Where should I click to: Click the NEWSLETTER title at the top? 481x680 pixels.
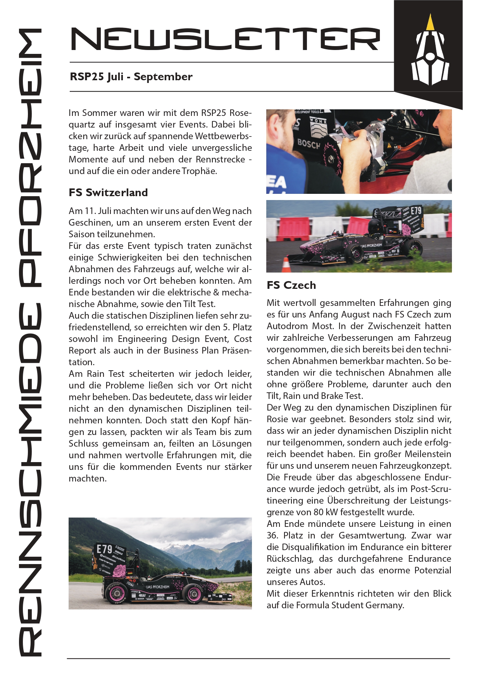click(x=225, y=39)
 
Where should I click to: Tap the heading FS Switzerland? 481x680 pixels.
click(x=108, y=193)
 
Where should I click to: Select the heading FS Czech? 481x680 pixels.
click(x=291, y=285)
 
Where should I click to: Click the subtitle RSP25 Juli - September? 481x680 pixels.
click(x=131, y=77)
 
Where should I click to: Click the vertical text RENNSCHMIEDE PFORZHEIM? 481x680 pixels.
click(x=30, y=341)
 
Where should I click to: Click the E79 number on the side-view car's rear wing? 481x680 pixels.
click(x=104, y=549)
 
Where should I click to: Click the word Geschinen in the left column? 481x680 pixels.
click(x=88, y=223)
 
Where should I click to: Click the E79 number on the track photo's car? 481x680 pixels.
click(x=415, y=211)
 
